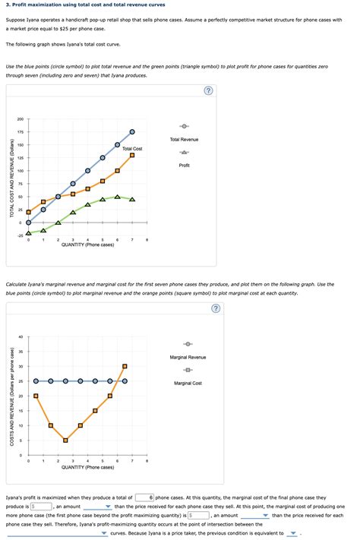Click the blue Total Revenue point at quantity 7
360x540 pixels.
(132, 132)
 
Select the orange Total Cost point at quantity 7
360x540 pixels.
(132, 155)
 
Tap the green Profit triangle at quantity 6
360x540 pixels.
(117, 197)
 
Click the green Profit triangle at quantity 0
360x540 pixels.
(28, 233)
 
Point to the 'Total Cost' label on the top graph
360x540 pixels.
(132, 149)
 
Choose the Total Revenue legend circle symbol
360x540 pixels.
(185, 126)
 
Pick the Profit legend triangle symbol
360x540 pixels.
(185, 153)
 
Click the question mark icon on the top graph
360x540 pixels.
(209, 92)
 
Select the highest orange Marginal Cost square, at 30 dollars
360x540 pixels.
(125, 366)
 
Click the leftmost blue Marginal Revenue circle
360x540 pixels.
(36, 381)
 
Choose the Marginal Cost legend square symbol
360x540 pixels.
(188, 370)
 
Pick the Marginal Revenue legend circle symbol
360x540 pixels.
(188, 343)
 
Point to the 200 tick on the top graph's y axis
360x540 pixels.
(20, 119)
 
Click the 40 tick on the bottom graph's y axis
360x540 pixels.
(21, 336)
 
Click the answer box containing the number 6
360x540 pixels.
(144, 497)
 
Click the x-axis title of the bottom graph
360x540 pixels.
(87, 467)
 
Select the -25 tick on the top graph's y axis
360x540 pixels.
(20, 235)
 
